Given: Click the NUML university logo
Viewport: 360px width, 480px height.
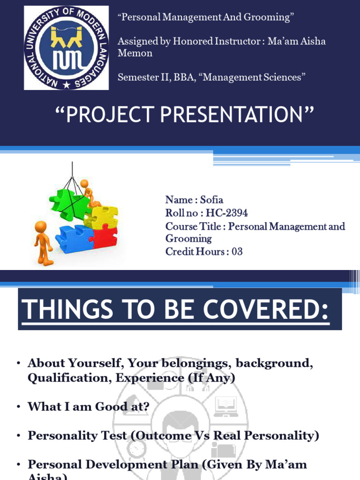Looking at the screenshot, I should (66, 47).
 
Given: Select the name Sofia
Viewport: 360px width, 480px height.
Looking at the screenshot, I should (211, 200).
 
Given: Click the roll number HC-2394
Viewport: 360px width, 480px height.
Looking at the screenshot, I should (227, 213).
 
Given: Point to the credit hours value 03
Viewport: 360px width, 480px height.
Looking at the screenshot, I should (237, 251).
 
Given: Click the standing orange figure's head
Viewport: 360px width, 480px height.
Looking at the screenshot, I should (41, 227).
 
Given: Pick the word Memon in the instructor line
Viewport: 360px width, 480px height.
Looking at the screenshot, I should (135, 53).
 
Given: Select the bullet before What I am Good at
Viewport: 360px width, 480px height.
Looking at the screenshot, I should (18, 407).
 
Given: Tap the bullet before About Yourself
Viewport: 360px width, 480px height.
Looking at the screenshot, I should (18, 364).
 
